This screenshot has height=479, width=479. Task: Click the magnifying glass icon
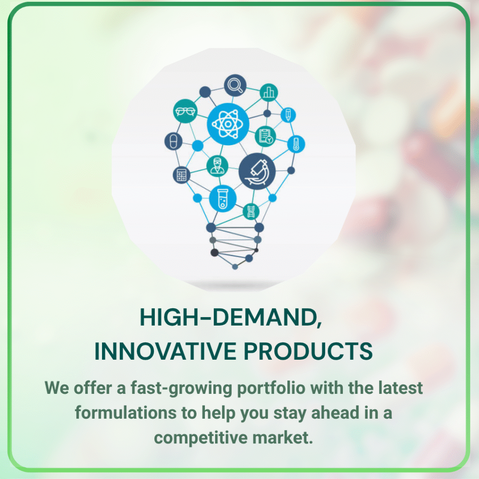(x=235, y=85)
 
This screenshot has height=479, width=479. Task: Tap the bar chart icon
(x=269, y=92)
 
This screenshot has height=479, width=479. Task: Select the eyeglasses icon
(x=185, y=111)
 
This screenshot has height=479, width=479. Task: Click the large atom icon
(x=228, y=123)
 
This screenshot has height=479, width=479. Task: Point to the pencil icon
(x=288, y=115)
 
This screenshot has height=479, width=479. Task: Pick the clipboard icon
(x=265, y=136)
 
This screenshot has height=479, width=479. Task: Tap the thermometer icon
(x=296, y=144)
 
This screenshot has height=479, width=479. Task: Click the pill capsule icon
(x=173, y=141)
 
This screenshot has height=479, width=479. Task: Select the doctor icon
(x=217, y=166)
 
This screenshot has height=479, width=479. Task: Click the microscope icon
(x=257, y=171)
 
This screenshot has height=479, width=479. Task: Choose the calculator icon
(x=181, y=175)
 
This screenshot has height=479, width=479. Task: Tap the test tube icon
(x=223, y=198)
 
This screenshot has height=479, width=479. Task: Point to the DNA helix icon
(x=251, y=211)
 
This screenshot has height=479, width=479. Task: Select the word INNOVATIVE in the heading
(x=165, y=351)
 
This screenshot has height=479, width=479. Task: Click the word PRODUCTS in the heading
(x=308, y=351)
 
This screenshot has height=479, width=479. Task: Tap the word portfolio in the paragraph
(x=271, y=388)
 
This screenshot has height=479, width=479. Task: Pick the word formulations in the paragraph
(x=125, y=413)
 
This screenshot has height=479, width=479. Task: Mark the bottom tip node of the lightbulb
(x=235, y=267)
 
